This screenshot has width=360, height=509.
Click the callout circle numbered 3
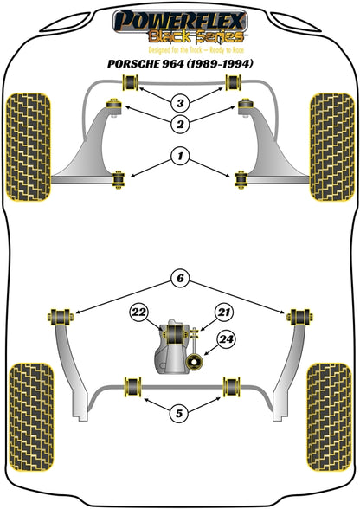click(x=180, y=103)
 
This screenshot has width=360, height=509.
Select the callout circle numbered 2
click(x=180, y=124)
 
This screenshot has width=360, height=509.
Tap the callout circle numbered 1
click(x=180, y=157)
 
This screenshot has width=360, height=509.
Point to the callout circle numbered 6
click(x=180, y=278)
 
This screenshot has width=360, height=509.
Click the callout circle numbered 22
click(x=139, y=312)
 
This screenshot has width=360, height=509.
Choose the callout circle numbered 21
click(x=223, y=312)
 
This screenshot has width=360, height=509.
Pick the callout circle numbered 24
click(x=226, y=339)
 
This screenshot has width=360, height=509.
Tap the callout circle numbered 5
click(x=179, y=413)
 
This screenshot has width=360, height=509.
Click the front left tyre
click(x=29, y=147)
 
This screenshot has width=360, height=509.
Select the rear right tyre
click(x=329, y=417)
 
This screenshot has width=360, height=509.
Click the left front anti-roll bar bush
click(x=130, y=83)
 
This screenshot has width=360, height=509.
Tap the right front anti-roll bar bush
click(x=234, y=83)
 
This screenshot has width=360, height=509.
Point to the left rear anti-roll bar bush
click(x=132, y=386)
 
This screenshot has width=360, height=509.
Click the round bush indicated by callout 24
click(x=195, y=362)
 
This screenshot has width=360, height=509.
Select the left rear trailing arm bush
click(x=61, y=317)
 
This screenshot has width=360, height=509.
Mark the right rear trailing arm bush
click(x=300, y=317)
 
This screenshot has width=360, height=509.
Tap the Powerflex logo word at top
click(x=180, y=20)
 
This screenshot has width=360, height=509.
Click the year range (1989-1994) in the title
click(x=220, y=64)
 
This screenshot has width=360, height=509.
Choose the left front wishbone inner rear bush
click(x=119, y=179)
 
